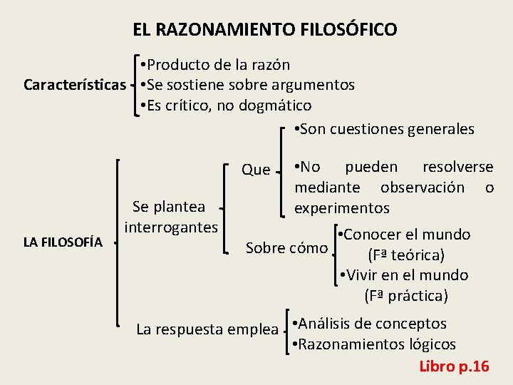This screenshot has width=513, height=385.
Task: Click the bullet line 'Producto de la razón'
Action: tap(216, 65)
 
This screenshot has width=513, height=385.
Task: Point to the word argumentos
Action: tap(313, 86)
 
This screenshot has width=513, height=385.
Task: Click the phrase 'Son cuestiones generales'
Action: tap(385, 129)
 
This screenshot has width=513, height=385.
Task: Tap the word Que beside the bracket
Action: tap(256, 170)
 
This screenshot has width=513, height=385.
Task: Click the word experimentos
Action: tap(342, 208)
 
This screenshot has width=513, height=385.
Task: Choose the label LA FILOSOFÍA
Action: tap(63, 242)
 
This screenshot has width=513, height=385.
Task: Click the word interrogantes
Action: tap(171, 227)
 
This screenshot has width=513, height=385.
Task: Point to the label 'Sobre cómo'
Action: tap(286, 248)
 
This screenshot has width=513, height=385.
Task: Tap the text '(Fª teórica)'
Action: tap(405, 255)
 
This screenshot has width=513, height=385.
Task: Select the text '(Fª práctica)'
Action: tap(405, 295)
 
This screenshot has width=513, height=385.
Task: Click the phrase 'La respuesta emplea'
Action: tap(207, 329)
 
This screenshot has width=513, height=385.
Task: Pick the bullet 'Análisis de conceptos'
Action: tap(370, 324)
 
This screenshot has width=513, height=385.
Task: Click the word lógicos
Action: tap(432, 345)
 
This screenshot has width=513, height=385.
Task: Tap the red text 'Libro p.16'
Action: tap(454, 366)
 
